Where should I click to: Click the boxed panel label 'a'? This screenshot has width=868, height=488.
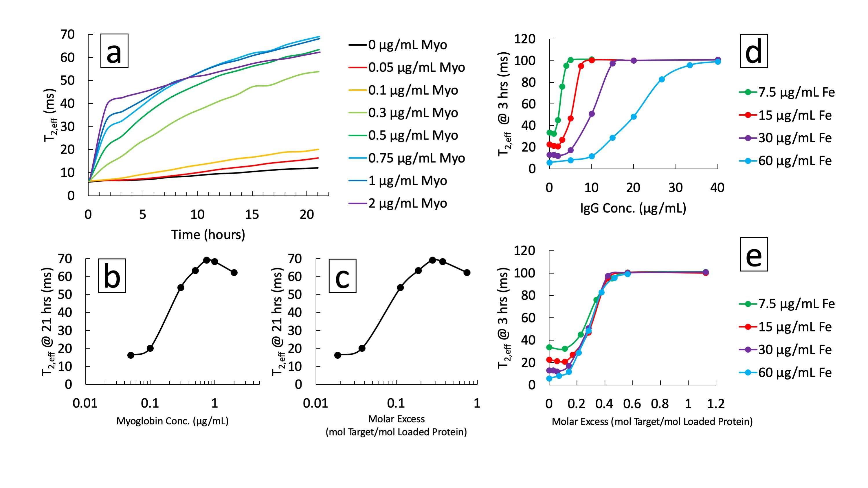tap(114, 51)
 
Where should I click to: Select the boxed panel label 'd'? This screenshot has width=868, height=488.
tap(754, 51)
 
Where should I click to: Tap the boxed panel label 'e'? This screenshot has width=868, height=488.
tap(754, 254)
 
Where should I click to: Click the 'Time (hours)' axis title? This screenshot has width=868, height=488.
tap(208, 235)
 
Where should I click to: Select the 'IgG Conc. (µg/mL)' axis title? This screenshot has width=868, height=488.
tap(633, 208)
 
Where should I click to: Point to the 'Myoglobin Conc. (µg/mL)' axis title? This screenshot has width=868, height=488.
tap(173, 421)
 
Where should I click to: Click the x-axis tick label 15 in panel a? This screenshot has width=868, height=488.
tap(252, 215)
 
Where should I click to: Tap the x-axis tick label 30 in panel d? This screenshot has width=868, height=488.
tap(675, 187)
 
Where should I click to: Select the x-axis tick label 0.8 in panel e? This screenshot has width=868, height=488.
tap(660, 404)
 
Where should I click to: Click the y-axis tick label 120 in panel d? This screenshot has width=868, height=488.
tap(525, 39)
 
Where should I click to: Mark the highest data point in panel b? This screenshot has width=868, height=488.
tap(207, 260)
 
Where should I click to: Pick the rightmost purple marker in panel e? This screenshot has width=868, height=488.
tap(706, 272)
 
